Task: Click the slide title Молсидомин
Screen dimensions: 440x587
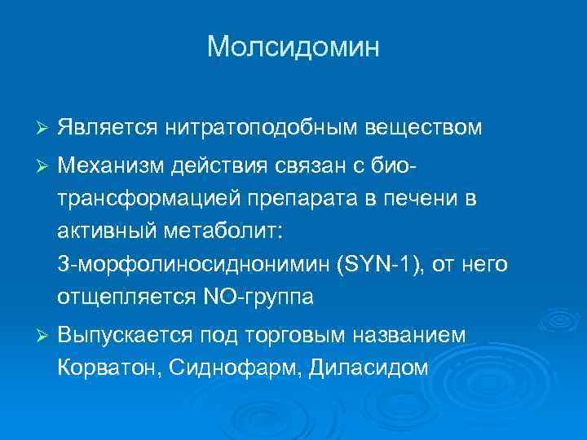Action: (x=293, y=46)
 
